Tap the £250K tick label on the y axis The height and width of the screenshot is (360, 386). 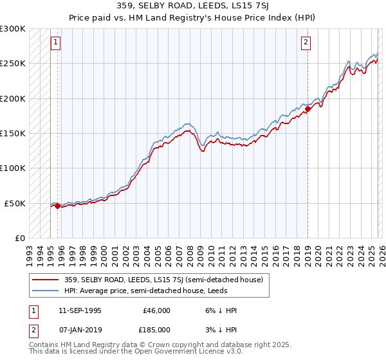tap(13, 64)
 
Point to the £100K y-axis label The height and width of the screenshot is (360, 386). tap(13, 168)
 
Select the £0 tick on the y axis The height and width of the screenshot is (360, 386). tap(19, 238)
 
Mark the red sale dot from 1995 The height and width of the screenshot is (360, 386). tap(58, 206)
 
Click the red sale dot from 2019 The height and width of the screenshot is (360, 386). tap(308, 109)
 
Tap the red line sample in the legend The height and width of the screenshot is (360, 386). tap(45, 280)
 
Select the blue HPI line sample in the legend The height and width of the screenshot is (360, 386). tap(45, 291)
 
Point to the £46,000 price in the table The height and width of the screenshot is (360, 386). tap(157, 310)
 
